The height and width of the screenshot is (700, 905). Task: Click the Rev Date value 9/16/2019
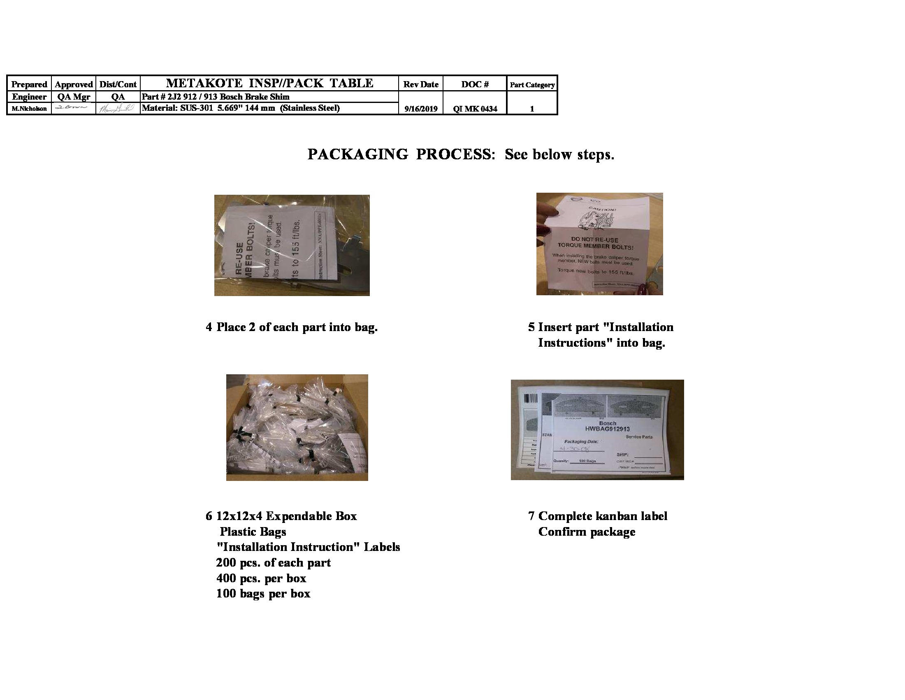tap(420, 109)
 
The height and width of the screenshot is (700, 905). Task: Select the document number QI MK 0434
tap(475, 109)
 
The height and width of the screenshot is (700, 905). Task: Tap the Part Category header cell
tap(532, 84)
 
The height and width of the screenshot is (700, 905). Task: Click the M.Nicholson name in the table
tap(29, 109)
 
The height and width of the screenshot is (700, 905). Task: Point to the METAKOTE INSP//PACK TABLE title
tap(269, 83)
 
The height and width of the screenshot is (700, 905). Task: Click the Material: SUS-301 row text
tap(240, 108)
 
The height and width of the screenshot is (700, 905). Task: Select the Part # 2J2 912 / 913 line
tap(216, 97)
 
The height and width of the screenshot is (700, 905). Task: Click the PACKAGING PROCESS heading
tap(460, 154)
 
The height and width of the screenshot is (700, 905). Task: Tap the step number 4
tap(209, 327)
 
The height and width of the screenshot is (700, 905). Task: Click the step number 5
tap(531, 327)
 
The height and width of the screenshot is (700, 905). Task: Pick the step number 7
tap(531, 516)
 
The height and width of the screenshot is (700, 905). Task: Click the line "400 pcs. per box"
tap(261, 578)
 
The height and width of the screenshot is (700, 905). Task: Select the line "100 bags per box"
tap(263, 594)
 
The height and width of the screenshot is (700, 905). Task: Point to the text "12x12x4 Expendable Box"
tap(286, 516)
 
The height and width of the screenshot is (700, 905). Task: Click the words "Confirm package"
tap(586, 532)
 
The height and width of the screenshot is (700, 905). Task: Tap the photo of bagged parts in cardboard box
tap(297, 427)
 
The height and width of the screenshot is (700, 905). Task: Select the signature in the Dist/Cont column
tap(118, 109)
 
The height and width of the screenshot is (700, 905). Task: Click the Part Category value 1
tap(532, 109)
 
